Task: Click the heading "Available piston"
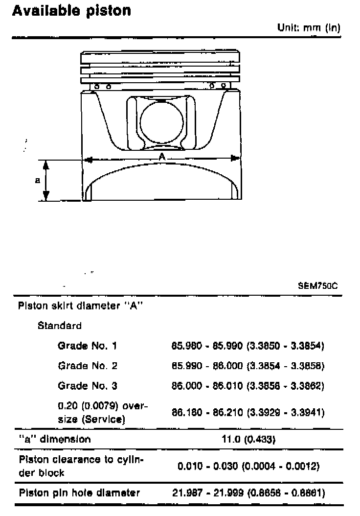tap(71, 11)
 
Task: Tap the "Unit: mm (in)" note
tap(309, 28)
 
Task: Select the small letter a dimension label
tap(38, 180)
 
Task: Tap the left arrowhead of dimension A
tap(89, 159)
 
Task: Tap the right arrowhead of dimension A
tap(235, 158)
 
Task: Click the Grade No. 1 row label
tap(88, 346)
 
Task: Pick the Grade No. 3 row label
tap(88, 386)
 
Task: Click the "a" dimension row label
tap(54, 439)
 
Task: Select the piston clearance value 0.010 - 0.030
tap(248, 466)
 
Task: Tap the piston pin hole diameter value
tap(248, 493)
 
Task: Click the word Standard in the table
tap(60, 326)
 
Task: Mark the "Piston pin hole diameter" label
tap(79, 493)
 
